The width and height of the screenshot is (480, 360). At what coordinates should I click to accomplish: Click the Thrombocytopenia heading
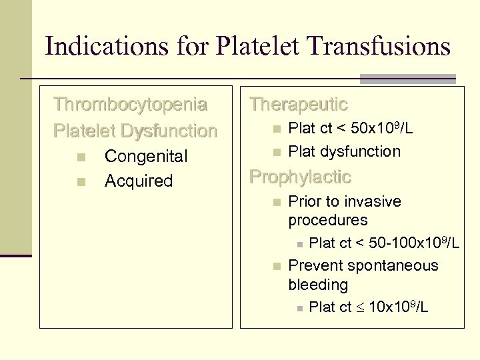[x=131, y=105]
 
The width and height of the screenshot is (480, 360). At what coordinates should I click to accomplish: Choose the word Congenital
[x=146, y=157]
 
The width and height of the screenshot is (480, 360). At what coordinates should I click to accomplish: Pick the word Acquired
[x=139, y=181]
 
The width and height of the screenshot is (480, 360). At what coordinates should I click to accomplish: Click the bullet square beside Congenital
[x=80, y=157]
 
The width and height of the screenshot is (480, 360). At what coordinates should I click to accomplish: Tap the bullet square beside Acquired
[x=80, y=181]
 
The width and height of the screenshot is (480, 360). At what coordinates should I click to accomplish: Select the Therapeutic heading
[x=298, y=105]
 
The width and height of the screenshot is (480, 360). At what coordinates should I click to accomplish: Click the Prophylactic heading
[x=299, y=177]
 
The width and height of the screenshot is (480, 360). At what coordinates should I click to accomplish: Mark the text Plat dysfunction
[x=344, y=151]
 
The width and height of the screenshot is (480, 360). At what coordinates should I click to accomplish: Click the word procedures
[x=327, y=220]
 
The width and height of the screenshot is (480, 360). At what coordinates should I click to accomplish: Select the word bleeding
[x=318, y=285]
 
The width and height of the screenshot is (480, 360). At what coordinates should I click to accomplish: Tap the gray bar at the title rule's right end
[x=407, y=79]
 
